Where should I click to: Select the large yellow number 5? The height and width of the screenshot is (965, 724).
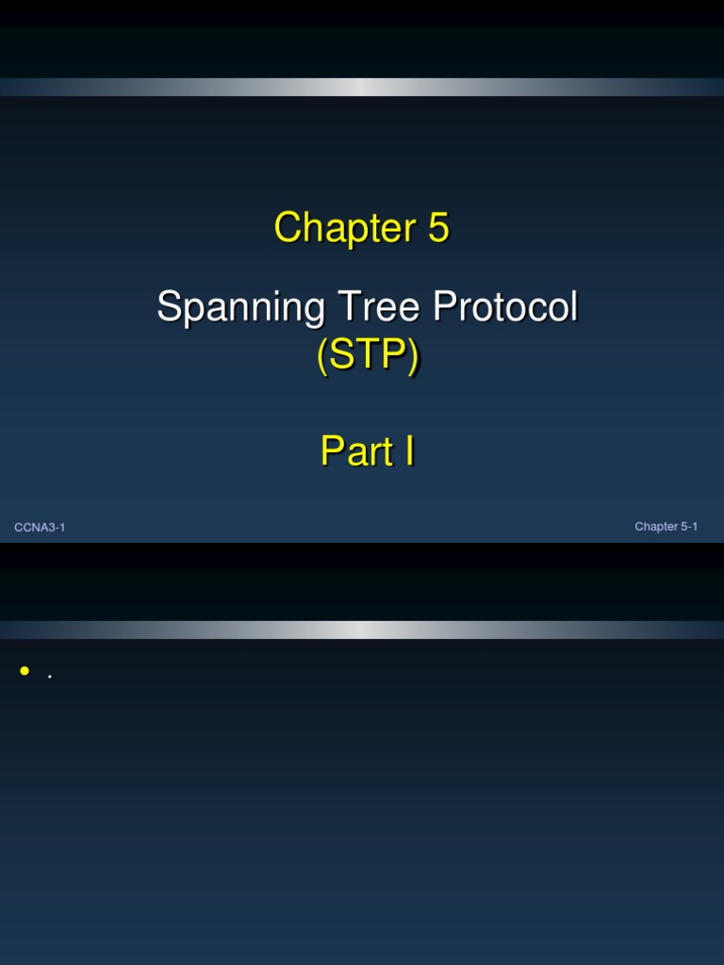(437, 228)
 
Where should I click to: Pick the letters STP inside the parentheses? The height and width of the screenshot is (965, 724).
(368, 356)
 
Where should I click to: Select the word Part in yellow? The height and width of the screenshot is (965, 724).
(355, 451)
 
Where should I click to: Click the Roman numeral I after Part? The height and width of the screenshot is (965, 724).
(408, 451)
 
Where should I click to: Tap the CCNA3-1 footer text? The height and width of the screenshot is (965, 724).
(40, 528)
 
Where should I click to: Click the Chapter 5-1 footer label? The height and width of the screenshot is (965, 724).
(666, 527)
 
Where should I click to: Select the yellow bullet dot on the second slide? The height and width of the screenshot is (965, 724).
(25, 671)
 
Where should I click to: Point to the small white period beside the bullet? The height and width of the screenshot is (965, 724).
(49, 677)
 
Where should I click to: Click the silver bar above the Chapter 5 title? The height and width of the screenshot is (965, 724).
(362, 87)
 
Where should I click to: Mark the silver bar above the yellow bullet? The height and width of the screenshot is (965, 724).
(362, 630)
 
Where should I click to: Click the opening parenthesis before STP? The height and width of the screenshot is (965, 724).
(322, 357)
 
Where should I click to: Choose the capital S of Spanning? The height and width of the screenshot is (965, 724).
(169, 307)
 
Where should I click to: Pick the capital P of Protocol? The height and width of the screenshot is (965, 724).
(444, 307)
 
